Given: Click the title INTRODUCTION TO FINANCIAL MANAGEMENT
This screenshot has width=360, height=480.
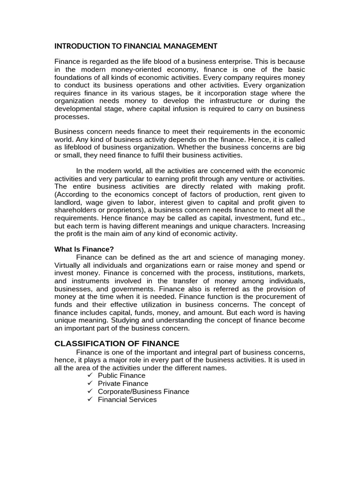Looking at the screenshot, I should click(x=136, y=46).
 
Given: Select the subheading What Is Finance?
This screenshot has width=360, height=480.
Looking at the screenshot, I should click(x=84, y=249).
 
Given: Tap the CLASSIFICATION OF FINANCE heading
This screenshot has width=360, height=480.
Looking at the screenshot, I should click(x=117, y=343).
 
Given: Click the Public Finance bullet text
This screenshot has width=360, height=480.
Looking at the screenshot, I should click(x=121, y=375).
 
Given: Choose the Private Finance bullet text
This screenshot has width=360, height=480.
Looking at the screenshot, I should click(x=123, y=383).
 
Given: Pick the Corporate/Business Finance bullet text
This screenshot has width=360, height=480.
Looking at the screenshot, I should click(x=143, y=391).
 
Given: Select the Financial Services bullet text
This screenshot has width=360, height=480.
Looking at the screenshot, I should click(x=127, y=399).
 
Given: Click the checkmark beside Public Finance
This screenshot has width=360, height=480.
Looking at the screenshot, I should click(x=90, y=375).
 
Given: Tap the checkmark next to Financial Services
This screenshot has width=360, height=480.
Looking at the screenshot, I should click(x=90, y=399).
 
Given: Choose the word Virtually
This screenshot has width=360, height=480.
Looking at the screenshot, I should click(x=68, y=265).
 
